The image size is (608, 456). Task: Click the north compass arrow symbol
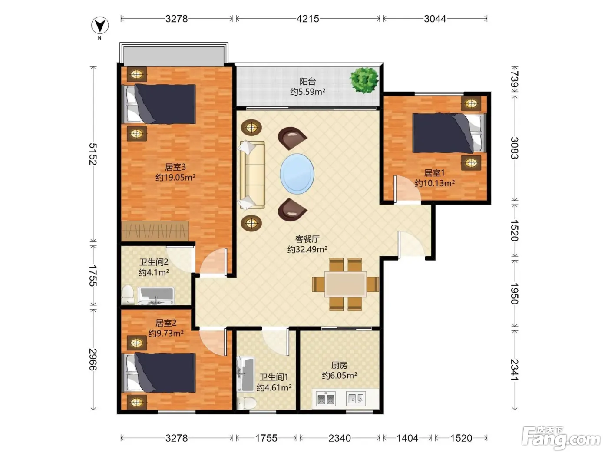(x=100, y=25)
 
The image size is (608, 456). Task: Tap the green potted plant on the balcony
(x=364, y=80)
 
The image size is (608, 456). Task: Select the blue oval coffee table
(x=297, y=174)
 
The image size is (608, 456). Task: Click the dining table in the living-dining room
(x=346, y=284)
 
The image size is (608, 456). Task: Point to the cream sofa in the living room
(x=252, y=175)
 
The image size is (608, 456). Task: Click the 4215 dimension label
(x=307, y=19)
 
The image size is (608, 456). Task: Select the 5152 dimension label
(x=93, y=154)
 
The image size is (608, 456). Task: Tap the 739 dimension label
(x=514, y=79)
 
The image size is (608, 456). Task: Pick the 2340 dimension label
(x=340, y=438)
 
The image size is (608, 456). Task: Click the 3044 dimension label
(x=435, y=19)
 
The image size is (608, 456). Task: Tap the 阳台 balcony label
(x=307, y=81)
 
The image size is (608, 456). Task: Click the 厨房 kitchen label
(x=339, y=365)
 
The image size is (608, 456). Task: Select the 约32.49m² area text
(x=307, y=249)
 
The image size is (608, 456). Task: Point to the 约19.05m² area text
(x=175, y=177)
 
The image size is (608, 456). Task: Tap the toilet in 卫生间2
(x=128, y=295)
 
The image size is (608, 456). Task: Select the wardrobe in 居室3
(x=155, y=231)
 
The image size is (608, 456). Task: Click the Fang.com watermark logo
(x=561, y=438)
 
